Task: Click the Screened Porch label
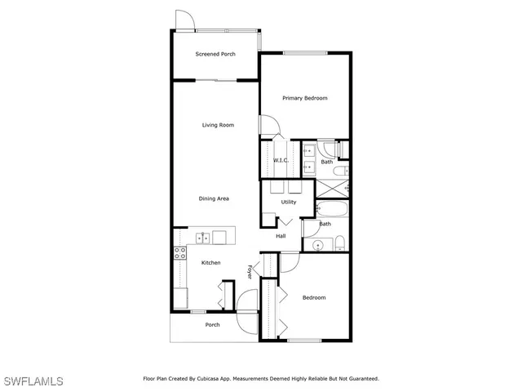(215, 55)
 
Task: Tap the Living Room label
(219, 125)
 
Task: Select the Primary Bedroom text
(304, 98)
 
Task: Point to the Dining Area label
(214, 198)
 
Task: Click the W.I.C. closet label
(281, 160)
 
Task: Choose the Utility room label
(289, 202)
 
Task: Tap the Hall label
(281, 236)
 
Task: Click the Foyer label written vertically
(250, 271)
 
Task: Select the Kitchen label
(211, 262)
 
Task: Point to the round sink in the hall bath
(317, 243)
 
